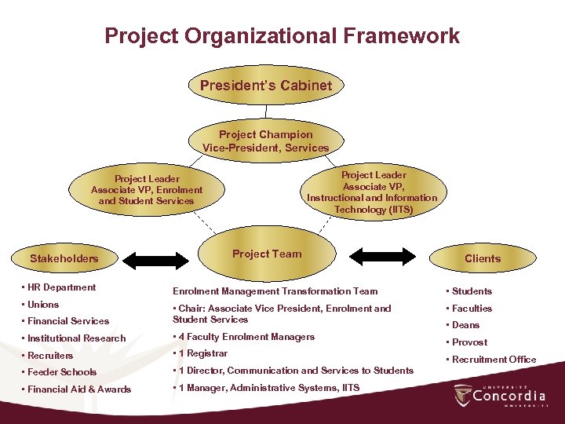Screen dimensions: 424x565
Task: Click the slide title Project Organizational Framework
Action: [282, 36]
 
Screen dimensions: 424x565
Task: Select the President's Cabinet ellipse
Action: [266, 85]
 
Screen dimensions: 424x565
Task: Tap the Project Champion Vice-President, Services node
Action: [266, 141]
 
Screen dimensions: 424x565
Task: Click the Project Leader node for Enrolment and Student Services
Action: [147, 190]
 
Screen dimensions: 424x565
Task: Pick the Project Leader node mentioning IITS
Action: [372, 192]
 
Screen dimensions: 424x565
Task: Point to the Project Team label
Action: [267, 254]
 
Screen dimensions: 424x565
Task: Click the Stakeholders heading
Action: [64, 258]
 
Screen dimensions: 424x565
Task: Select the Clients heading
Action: [482, 258]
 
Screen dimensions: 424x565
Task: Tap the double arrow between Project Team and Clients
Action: [381, 256]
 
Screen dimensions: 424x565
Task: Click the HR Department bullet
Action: [61, 287]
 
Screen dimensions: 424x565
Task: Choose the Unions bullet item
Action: [43, 305]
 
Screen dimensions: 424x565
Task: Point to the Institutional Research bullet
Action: [76, 338]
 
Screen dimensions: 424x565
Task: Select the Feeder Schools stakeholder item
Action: [61, 372]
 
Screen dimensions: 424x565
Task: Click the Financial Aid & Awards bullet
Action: [78, 389]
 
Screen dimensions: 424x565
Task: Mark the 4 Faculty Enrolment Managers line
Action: [246, 337]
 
